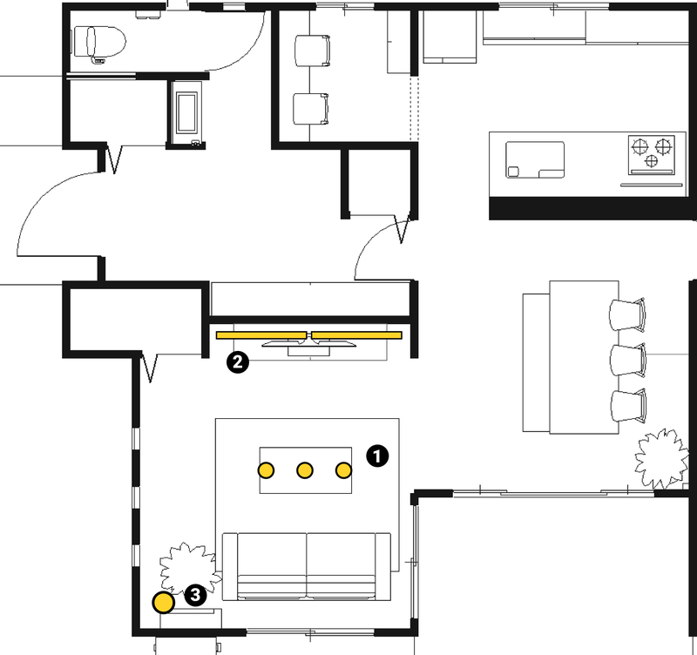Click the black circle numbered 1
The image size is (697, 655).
(x=377, y=456)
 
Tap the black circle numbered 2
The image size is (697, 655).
(x=238, y=362)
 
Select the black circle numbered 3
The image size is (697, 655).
(x=195, y=595)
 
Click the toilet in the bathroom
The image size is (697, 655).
(x=99, y=43)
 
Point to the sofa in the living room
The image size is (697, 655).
(x=307, y=566)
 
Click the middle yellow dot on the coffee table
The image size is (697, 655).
(x=304, y=470)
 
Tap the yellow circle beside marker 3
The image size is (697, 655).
(x=163, y=603)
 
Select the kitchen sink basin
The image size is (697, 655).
(x=535, y=160)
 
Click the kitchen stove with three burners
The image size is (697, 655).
(x=651, y=155)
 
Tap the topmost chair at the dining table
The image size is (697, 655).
(x=627, y=314)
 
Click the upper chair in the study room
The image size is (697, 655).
(x=313, y=51)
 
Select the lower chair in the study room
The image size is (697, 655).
(x=311, y=109)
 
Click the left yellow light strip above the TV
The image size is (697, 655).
(x=261, y=335)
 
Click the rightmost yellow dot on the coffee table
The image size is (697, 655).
(x=343, y=470)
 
